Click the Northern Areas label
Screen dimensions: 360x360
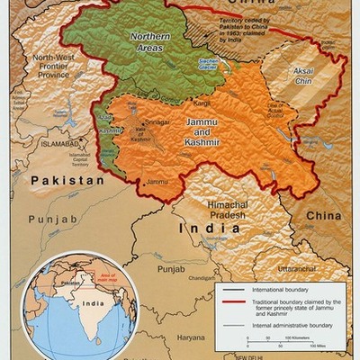click(x=149, y=41)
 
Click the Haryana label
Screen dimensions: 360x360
click(x=191, y=337)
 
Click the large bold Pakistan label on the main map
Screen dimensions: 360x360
click(x=64, y=181)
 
